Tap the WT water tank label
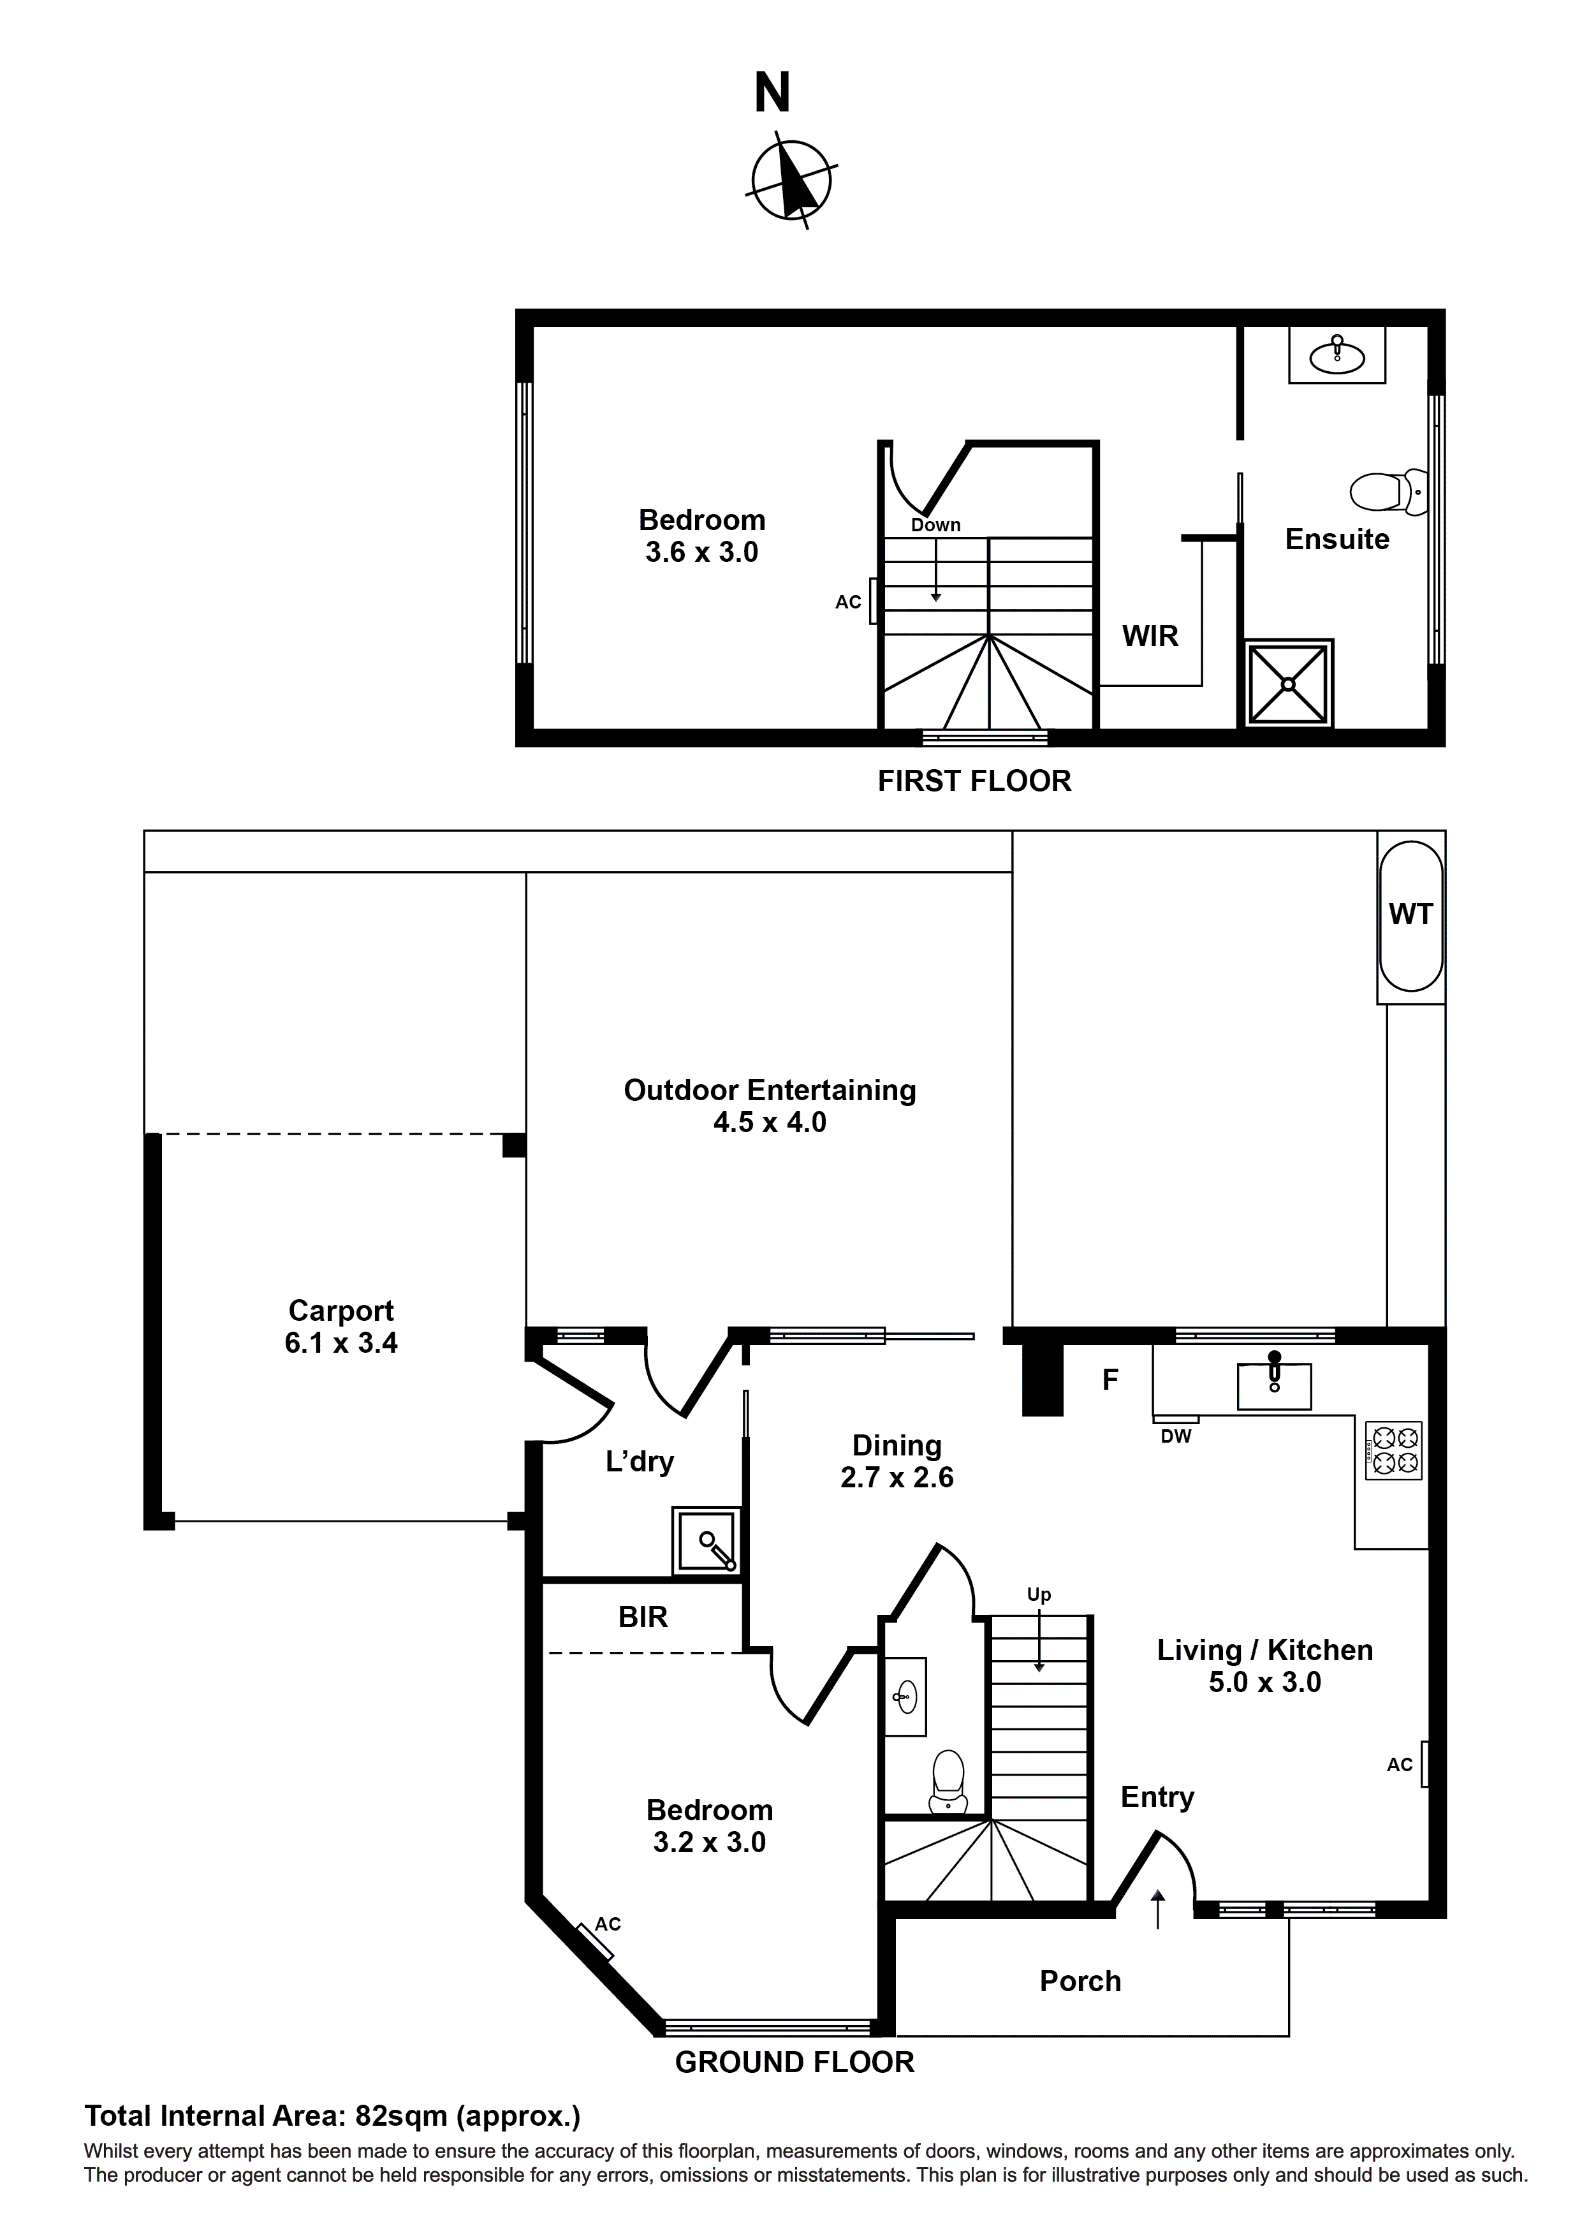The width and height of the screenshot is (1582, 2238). click(x=1410, y=915)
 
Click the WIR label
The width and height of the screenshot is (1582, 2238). click(x=1150, y=637)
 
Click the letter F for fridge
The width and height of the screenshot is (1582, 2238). click(x=1110, y=1380)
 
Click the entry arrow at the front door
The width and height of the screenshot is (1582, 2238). click(x=1158, y=1910)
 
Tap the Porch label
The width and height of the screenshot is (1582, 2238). click(x=1080, y=1982)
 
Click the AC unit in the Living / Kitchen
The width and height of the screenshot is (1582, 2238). click(x=1424, y=1764)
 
